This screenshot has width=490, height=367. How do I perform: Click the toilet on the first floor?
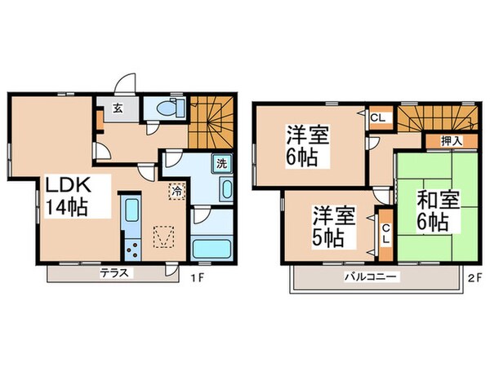click(170, 107)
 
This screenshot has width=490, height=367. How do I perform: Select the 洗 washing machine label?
click(221, 163)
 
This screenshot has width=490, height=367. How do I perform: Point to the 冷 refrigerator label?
click(176, 191)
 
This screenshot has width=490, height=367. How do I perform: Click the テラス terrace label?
click(115, 273)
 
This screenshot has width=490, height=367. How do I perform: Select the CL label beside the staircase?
click(377, 117)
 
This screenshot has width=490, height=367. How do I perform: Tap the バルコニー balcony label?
click(376, 278)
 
